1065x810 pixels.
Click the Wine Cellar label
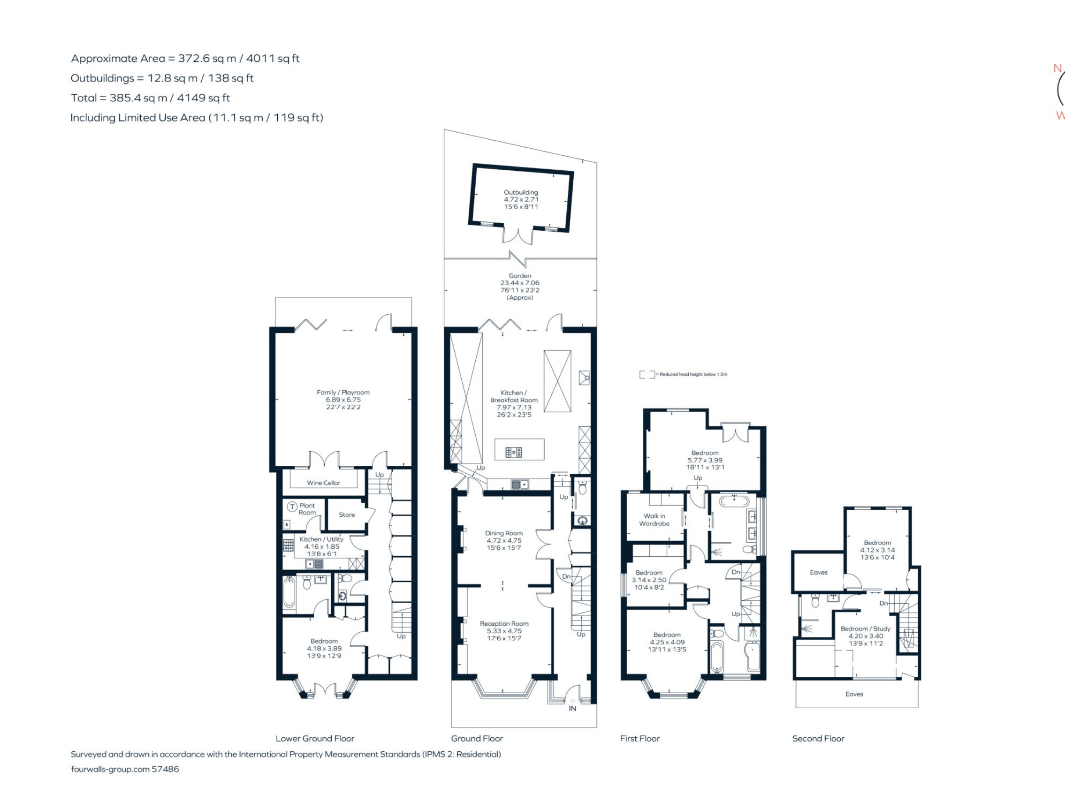click(324, 483)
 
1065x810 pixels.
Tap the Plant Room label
click(307, 509)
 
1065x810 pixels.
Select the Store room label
click(347, 515)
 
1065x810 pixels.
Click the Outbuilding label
click(521, 192)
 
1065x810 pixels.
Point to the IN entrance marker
click(572, 708)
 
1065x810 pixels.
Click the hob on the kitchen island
click(514, 452)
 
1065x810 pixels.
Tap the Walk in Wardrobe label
click(654, 520)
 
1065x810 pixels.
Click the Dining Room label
click(504, 533)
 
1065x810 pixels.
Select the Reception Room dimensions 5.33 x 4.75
click(504, 631)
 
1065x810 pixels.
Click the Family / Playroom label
click(343, 393)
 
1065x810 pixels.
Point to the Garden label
click(520, 276)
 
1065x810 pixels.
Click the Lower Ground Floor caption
click(315, 738)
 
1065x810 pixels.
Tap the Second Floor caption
click(818, 738)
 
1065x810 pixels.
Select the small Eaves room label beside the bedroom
click(819, 572)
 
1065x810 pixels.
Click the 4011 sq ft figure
click(273, 58)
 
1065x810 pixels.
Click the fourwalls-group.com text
click(110, 769)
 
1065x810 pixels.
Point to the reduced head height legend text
click(693, 374)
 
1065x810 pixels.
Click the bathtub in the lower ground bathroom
click(289, 593)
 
